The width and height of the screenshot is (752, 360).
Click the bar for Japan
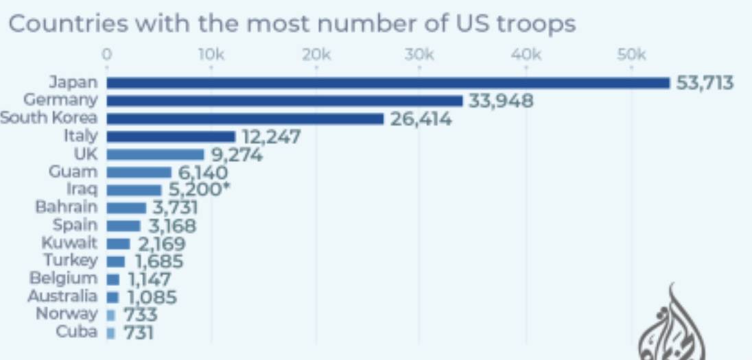(388, 83)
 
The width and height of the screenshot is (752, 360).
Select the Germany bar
(285, 101)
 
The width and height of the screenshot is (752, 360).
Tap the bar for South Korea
(245, 119)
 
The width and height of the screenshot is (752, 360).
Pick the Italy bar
(171, 136)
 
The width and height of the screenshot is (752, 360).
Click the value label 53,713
(705, 83)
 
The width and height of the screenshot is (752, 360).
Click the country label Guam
(73, 171)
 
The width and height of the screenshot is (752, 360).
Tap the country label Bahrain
(67, 207)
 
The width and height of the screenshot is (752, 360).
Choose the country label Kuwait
(69, 243)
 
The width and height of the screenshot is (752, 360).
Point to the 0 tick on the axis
(107, 56)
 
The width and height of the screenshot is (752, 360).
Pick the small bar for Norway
(111, 315)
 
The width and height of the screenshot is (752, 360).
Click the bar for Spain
(124, 226)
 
